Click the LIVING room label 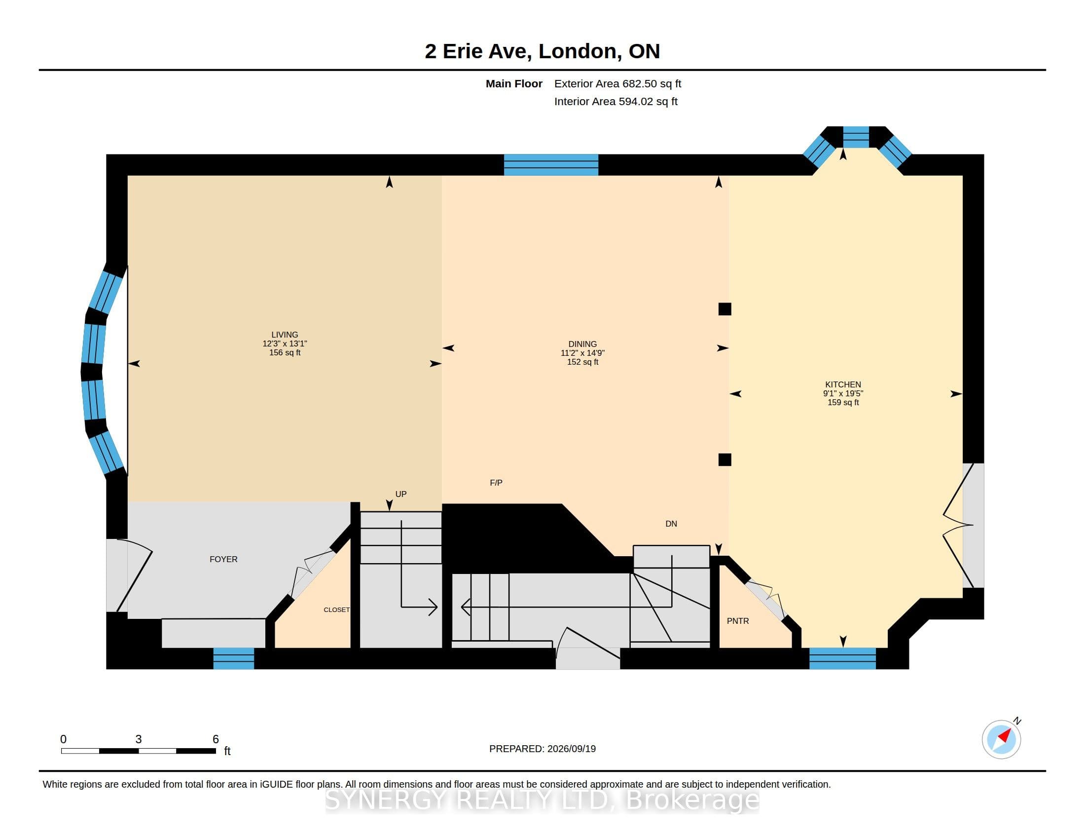click(285, 335)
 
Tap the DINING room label click(582, 344)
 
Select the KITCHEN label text click(843, 384)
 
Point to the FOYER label click(223, 559)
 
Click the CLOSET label click(336, 610)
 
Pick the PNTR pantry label click(738, 621)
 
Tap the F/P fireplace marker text click(496, 483)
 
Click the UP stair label click(401, 494)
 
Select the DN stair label click(671, 523)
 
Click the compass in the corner click(1002, 739)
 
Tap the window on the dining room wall click(551, 164)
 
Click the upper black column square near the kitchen click(725, 309)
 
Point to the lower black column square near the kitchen click(725, 460)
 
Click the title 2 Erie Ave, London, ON click(542, 51)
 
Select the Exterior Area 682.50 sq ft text click(617, 83)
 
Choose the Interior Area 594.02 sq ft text click(615, 101)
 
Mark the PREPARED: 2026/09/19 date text click(542, 749)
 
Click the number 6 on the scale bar click(216, 739)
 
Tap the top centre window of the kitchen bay click(856, 137)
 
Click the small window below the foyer click(233, 658)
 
